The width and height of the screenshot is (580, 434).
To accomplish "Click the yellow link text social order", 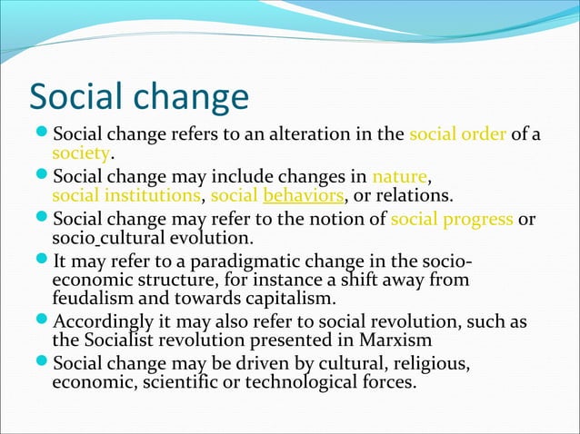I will pyautogui.click(x=457, y=135).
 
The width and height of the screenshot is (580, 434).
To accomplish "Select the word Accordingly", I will pyautogui.click(x=110, y=322).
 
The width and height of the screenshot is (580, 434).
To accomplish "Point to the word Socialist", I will pyautogui.click(x=123, y=341).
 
